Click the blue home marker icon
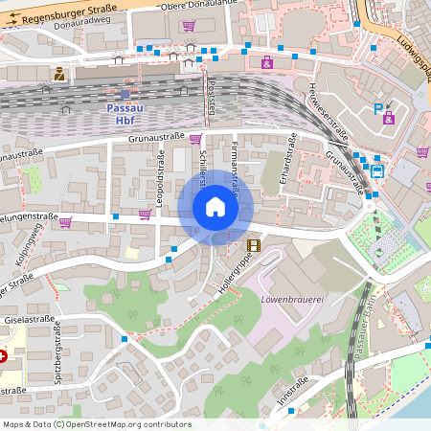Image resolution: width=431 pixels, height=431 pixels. (x=215, y=207)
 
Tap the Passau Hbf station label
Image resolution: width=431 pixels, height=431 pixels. (x=120, y=114)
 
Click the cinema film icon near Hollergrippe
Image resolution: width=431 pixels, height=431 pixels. (x=253, y=245)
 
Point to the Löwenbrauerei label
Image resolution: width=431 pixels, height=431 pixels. (x=293, y=299)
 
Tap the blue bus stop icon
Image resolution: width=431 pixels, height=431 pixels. (x=377, y=171)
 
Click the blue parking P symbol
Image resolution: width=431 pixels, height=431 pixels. (x=378, y=110)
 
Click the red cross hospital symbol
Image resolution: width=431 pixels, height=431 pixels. (x=3, y=355)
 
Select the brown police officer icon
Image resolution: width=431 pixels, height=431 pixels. (x=59, y=73)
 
